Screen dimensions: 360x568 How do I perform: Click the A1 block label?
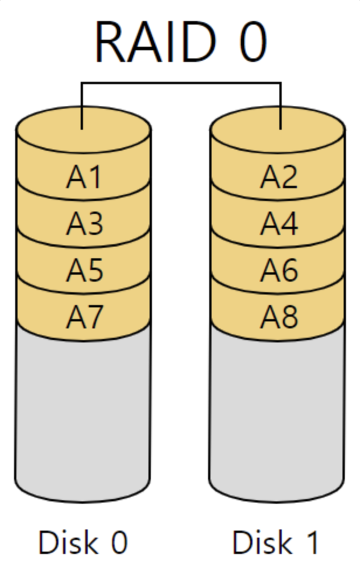pos(84,177)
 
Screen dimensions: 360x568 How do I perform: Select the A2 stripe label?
pos(279,177)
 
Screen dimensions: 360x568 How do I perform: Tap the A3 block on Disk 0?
pos(84,223)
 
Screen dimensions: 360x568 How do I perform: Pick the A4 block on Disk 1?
pos(279,223)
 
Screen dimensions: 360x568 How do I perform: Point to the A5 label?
pos(84,270)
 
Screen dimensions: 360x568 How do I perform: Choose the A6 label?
pos(279,270)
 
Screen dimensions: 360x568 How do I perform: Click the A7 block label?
pos(84,317)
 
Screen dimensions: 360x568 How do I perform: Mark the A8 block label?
pos(279,317)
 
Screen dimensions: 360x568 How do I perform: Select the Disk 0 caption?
pos(82,542)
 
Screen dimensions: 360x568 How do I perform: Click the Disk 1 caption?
pos(276,542)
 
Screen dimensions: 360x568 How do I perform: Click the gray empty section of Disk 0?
pos(84,409)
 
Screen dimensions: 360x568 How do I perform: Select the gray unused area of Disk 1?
pos(276,409)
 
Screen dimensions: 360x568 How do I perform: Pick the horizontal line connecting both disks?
pos(181,83)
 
